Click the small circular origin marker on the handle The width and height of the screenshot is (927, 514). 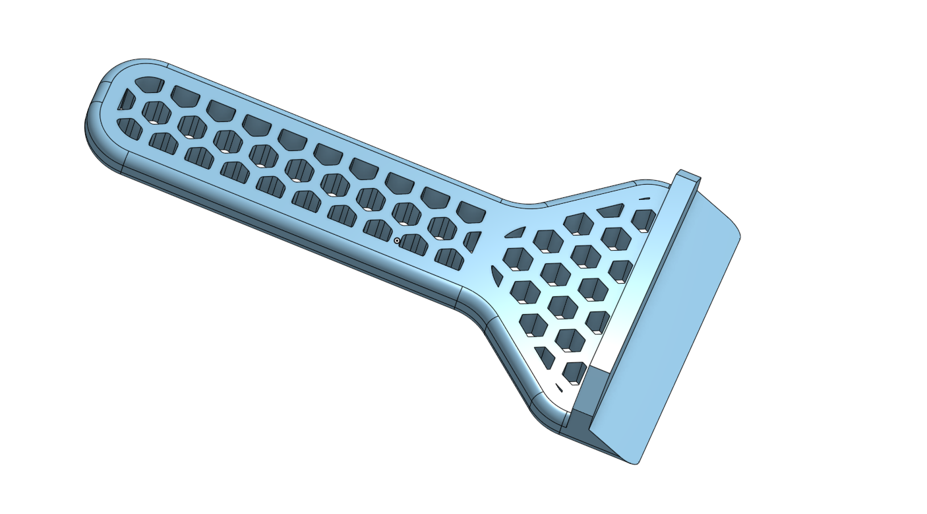tap(396, 241)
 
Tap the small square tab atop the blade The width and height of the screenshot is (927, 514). tap(687, 176)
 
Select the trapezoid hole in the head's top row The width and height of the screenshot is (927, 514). tap(612, 210)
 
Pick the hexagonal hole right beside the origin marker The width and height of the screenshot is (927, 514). tap(414, 243)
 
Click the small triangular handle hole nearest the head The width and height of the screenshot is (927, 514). tap(473, 241)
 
